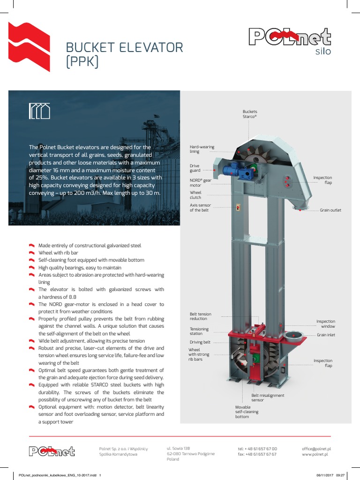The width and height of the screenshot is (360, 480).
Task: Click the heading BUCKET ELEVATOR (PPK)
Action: tap(124, 54)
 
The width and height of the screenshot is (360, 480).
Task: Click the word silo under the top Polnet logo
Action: tap(322, 52)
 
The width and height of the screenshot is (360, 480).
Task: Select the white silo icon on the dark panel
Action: tap(39, 111)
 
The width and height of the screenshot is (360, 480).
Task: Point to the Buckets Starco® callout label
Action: tap(249, 114)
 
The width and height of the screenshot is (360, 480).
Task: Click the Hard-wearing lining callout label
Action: tap(202, 149)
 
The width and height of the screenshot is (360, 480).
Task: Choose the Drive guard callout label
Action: tap(195, 168)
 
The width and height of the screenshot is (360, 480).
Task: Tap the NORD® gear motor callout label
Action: tap(200, 183)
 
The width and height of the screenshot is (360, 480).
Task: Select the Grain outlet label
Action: tap(330, 210)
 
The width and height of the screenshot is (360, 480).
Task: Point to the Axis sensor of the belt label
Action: tap(200, 208)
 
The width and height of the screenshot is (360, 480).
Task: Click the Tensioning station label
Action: tap(199, 331)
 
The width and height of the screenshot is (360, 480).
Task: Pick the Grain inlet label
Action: tap(326, 335)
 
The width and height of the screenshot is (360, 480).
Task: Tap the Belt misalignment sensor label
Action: tap(268, 398)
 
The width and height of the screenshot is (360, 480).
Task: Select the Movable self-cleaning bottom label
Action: tap(247, 412)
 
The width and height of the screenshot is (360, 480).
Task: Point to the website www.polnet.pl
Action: tap(315, 454)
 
